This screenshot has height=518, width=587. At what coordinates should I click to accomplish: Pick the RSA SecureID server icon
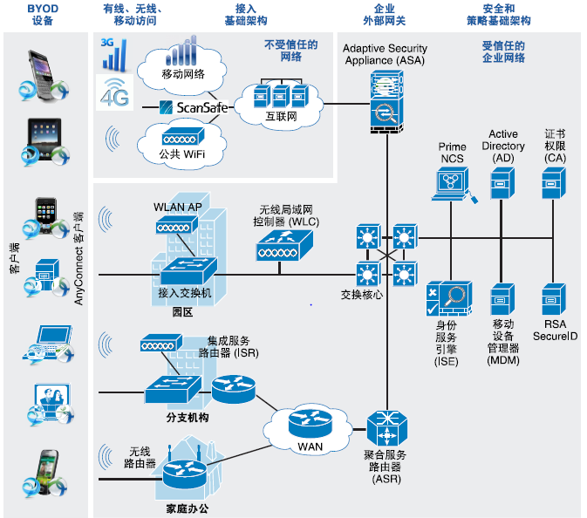(x=553, y=298)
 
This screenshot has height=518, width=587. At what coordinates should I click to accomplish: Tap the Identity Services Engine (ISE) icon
(x=448, y=301)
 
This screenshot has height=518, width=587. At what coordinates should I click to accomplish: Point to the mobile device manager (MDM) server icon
(x=502, y=298)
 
